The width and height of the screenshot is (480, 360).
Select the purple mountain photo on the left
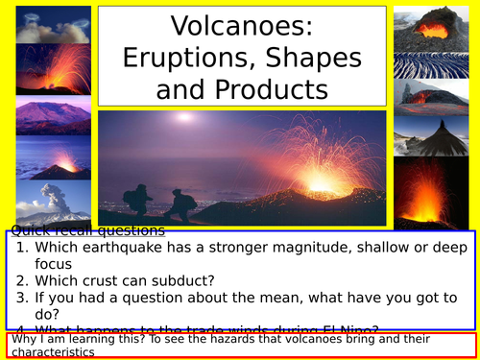[x=45, y=117]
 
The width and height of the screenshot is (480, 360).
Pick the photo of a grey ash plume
[x=45, y=204]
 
